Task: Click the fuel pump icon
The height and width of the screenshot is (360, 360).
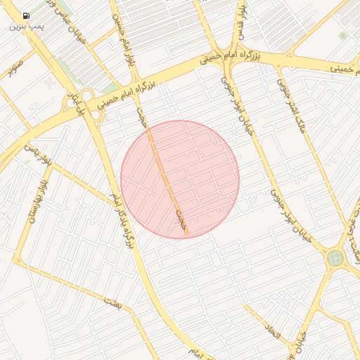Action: (26, 15)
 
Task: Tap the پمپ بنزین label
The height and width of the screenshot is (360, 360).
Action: (26, 26)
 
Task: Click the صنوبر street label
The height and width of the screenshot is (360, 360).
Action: (11, 70)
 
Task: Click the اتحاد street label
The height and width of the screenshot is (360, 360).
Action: (273, 327)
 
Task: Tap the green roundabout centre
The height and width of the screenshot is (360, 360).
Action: (335, 259)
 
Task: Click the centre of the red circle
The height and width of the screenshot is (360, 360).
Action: (180, 179)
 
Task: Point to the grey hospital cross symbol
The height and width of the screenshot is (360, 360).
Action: (49, 82)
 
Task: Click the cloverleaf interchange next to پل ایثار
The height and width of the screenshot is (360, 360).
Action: (87, 96)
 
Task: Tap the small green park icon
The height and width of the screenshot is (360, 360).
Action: (342, 35)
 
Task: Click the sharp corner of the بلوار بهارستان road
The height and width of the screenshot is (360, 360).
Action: (15, 261)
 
